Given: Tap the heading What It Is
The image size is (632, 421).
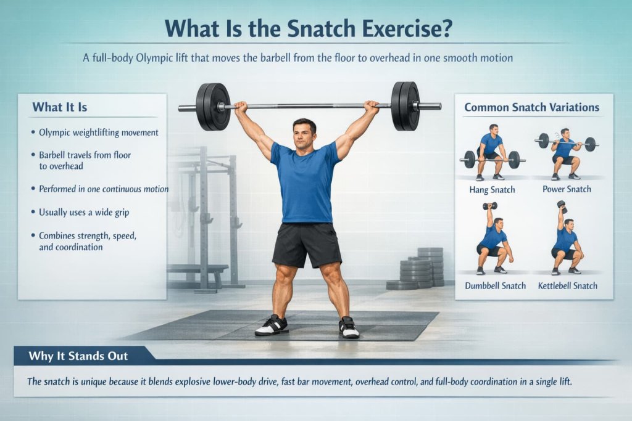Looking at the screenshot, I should [60, 107].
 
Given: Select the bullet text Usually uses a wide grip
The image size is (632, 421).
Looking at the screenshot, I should [84, 212].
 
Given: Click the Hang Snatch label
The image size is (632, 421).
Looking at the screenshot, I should [492, 189].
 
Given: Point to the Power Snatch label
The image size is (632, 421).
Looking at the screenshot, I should [567, 189].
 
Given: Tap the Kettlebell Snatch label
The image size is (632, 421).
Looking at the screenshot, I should [567, 285].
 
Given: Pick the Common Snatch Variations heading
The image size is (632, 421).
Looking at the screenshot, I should [531, 107].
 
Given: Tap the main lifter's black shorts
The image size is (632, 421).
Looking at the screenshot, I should [307, 244].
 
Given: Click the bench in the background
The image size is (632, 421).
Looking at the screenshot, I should [197, 271].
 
